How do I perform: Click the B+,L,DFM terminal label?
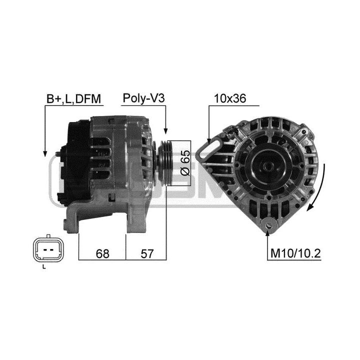[73, 98]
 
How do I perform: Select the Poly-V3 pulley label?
[143, 98]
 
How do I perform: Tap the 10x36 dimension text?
[230, 98]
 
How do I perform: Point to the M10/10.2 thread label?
[295, 253]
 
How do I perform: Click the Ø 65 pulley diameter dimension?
[185, 163]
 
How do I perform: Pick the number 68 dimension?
[102, 253]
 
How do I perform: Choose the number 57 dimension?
[147, 253]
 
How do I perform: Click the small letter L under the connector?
[44, 267]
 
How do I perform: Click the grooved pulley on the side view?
[164, 163]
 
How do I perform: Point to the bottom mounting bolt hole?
[268, 226]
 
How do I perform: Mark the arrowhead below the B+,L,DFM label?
[45, 153]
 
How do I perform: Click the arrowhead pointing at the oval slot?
[208, 140]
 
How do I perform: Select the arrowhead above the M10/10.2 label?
[267, 232]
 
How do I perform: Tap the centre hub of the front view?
[267, 165]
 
